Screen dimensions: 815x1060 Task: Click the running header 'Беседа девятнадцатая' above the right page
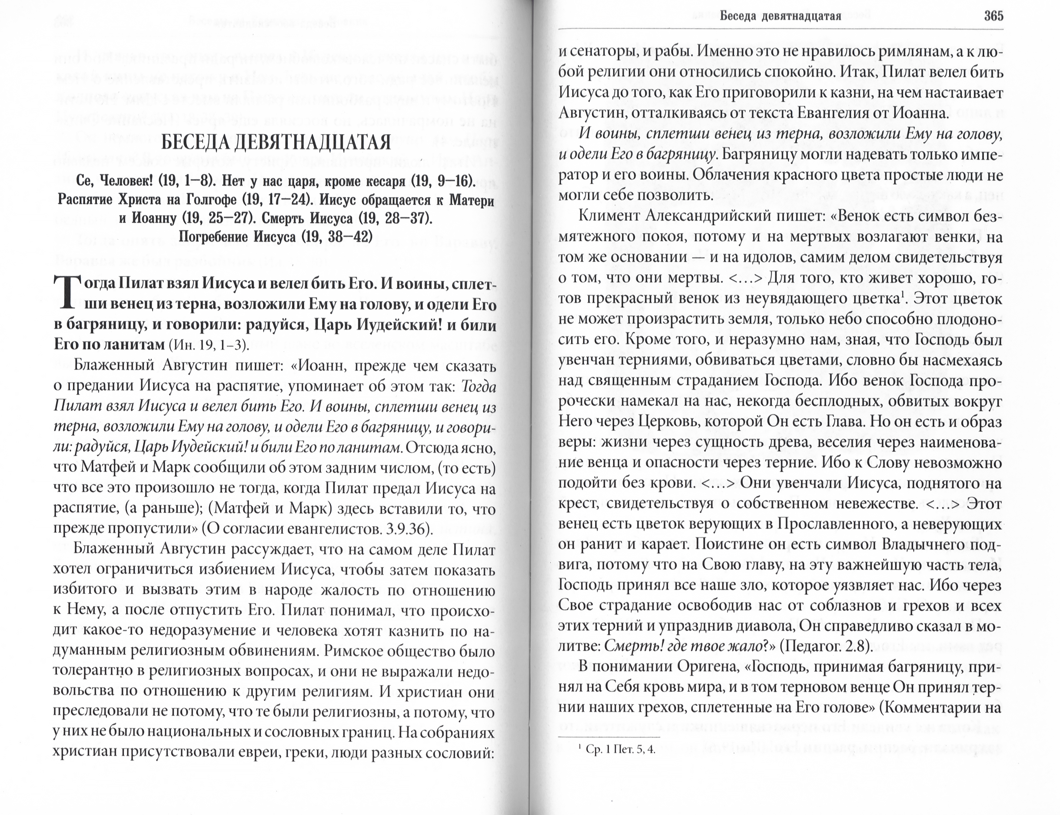pyautogui.click(x=780, y=16)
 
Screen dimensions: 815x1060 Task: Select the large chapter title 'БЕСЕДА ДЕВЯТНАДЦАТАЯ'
pyautogui.click(x=276, y=142)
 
